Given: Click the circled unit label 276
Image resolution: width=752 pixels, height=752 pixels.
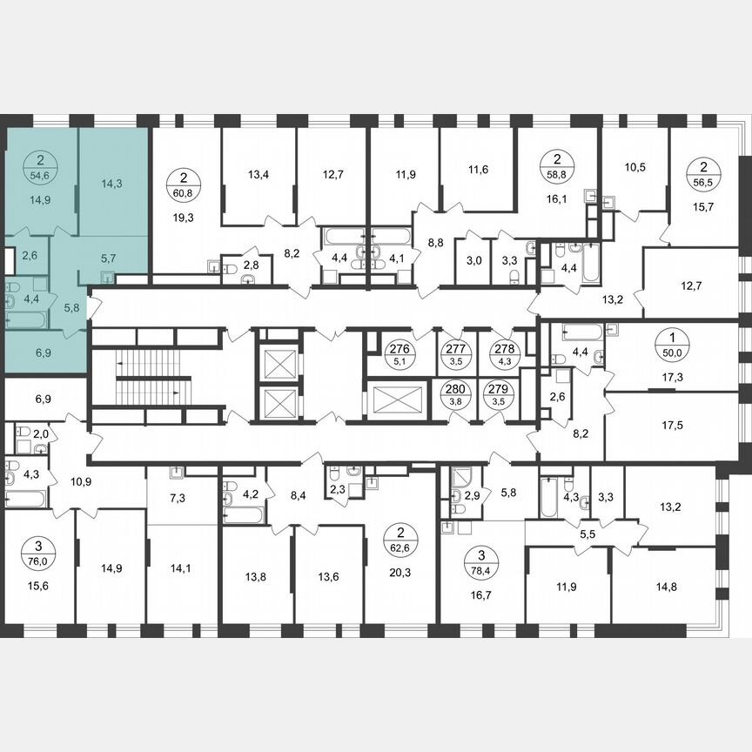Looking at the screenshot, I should [401, 352].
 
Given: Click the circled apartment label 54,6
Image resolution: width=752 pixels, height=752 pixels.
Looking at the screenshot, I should [40, 168].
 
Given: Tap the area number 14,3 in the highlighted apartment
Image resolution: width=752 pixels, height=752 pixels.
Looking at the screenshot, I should [111, 184].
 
